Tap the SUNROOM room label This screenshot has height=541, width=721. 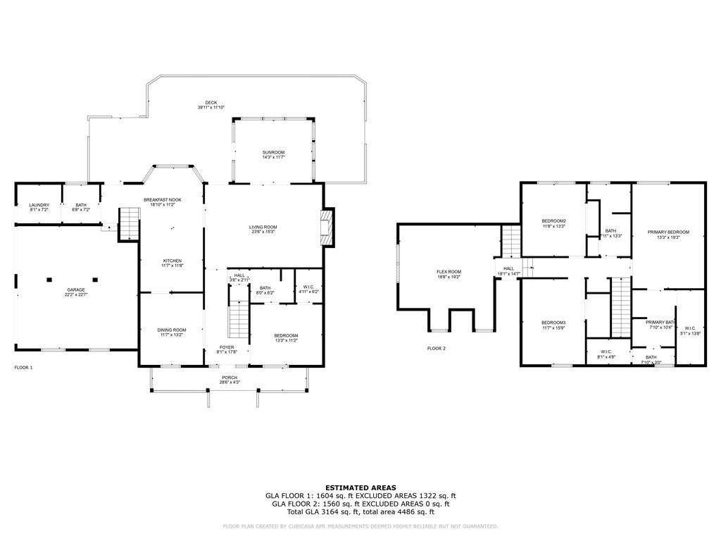[273, 152]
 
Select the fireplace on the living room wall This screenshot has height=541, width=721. [325, 228]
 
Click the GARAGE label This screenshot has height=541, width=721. [75, 290]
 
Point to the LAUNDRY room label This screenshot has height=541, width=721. [39, 205]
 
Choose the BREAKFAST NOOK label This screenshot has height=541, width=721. [163, 200]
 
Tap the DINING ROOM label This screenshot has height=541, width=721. [171, 330]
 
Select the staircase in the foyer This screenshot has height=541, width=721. [239, 320]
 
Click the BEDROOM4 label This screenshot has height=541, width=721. [287, 335]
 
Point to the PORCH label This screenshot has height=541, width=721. [230, 377]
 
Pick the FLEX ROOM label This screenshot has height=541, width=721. [449, 272]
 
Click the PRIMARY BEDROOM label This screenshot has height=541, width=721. [667, 232]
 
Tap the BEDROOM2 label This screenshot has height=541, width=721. [553, 221]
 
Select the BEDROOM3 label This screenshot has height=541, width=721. [553, 322]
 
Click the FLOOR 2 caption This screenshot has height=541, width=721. [437, 348]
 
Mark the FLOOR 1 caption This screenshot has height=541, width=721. [24, 367]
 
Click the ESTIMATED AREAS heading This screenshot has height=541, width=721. [360, 487]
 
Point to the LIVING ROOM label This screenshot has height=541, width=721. [263, 227]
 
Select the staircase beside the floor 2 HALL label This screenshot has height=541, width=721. [510, 242]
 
